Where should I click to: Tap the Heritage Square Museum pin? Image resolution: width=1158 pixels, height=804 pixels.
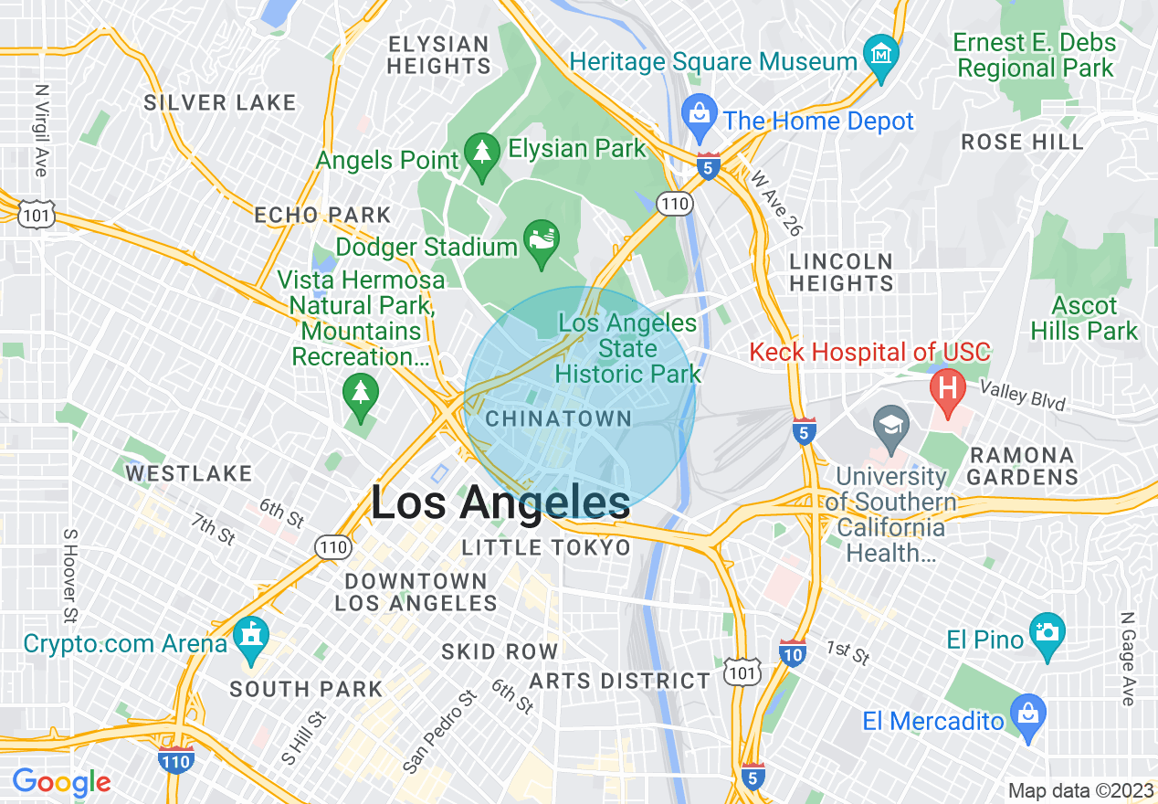click(881, 53)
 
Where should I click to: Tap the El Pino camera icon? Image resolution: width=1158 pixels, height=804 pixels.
click(1047, 631)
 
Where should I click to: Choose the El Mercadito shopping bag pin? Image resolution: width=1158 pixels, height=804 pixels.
click(1029, 711)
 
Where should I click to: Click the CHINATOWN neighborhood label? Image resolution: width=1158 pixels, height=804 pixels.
click(559, 419)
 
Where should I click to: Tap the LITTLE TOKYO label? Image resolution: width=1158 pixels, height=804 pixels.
click(546, 547)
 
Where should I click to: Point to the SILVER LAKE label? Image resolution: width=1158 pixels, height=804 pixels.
click(220, 102)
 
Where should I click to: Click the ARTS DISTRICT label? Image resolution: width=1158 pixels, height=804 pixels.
click(619, 681)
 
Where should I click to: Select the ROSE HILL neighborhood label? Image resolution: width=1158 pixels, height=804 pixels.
click(1022, 142)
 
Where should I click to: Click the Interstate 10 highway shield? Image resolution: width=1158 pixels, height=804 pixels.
click(793, 652)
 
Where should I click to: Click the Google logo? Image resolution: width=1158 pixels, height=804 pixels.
click(61, 782)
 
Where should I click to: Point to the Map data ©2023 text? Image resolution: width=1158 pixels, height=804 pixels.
click(1080, 790)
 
